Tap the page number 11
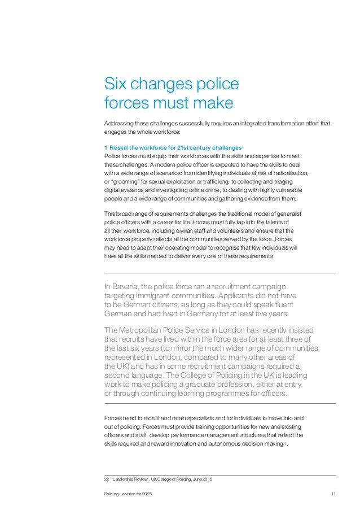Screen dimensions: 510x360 pyautogui.click(x=333, y=495)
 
